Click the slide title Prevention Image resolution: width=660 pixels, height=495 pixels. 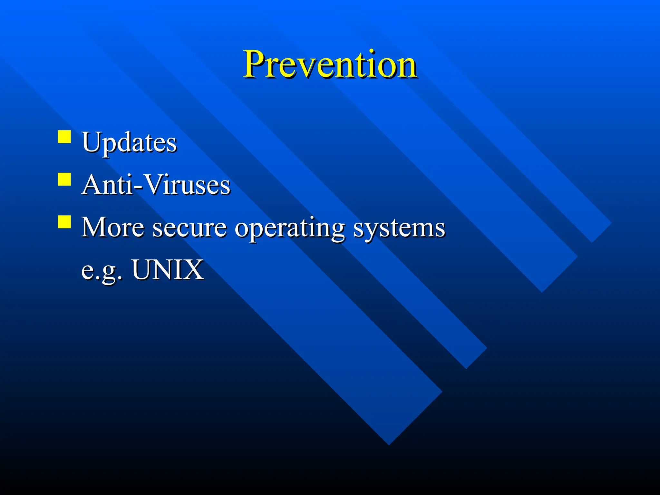[x=330, y=64]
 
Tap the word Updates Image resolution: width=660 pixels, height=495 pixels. [x=129, y=142]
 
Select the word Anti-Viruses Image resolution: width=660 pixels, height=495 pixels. [x=156, y=185]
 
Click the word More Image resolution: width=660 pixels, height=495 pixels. [x=112, y=227]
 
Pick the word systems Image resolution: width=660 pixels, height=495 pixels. [x=399, y=229]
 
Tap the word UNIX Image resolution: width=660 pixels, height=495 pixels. [x=168, y=269]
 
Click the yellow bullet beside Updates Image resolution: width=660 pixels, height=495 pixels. [x=64, y=137]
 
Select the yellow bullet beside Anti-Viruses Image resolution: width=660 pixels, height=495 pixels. [x=64, y=179]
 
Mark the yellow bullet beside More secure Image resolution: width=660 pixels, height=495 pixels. [x=64, y=222]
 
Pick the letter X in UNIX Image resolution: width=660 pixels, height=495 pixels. [x=194, y=269]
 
